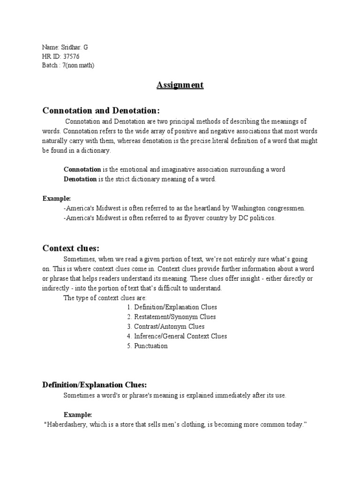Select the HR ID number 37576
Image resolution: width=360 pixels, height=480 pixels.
71,57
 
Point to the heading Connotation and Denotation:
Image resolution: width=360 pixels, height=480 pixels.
101,110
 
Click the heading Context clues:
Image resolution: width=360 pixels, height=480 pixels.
71,248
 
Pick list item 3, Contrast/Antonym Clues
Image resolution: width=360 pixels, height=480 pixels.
169,327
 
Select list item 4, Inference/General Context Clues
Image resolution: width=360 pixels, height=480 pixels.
180,336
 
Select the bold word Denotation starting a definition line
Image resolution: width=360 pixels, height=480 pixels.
80,180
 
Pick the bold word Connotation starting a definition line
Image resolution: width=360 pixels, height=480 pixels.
82,169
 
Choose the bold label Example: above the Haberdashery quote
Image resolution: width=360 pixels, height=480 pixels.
78,415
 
